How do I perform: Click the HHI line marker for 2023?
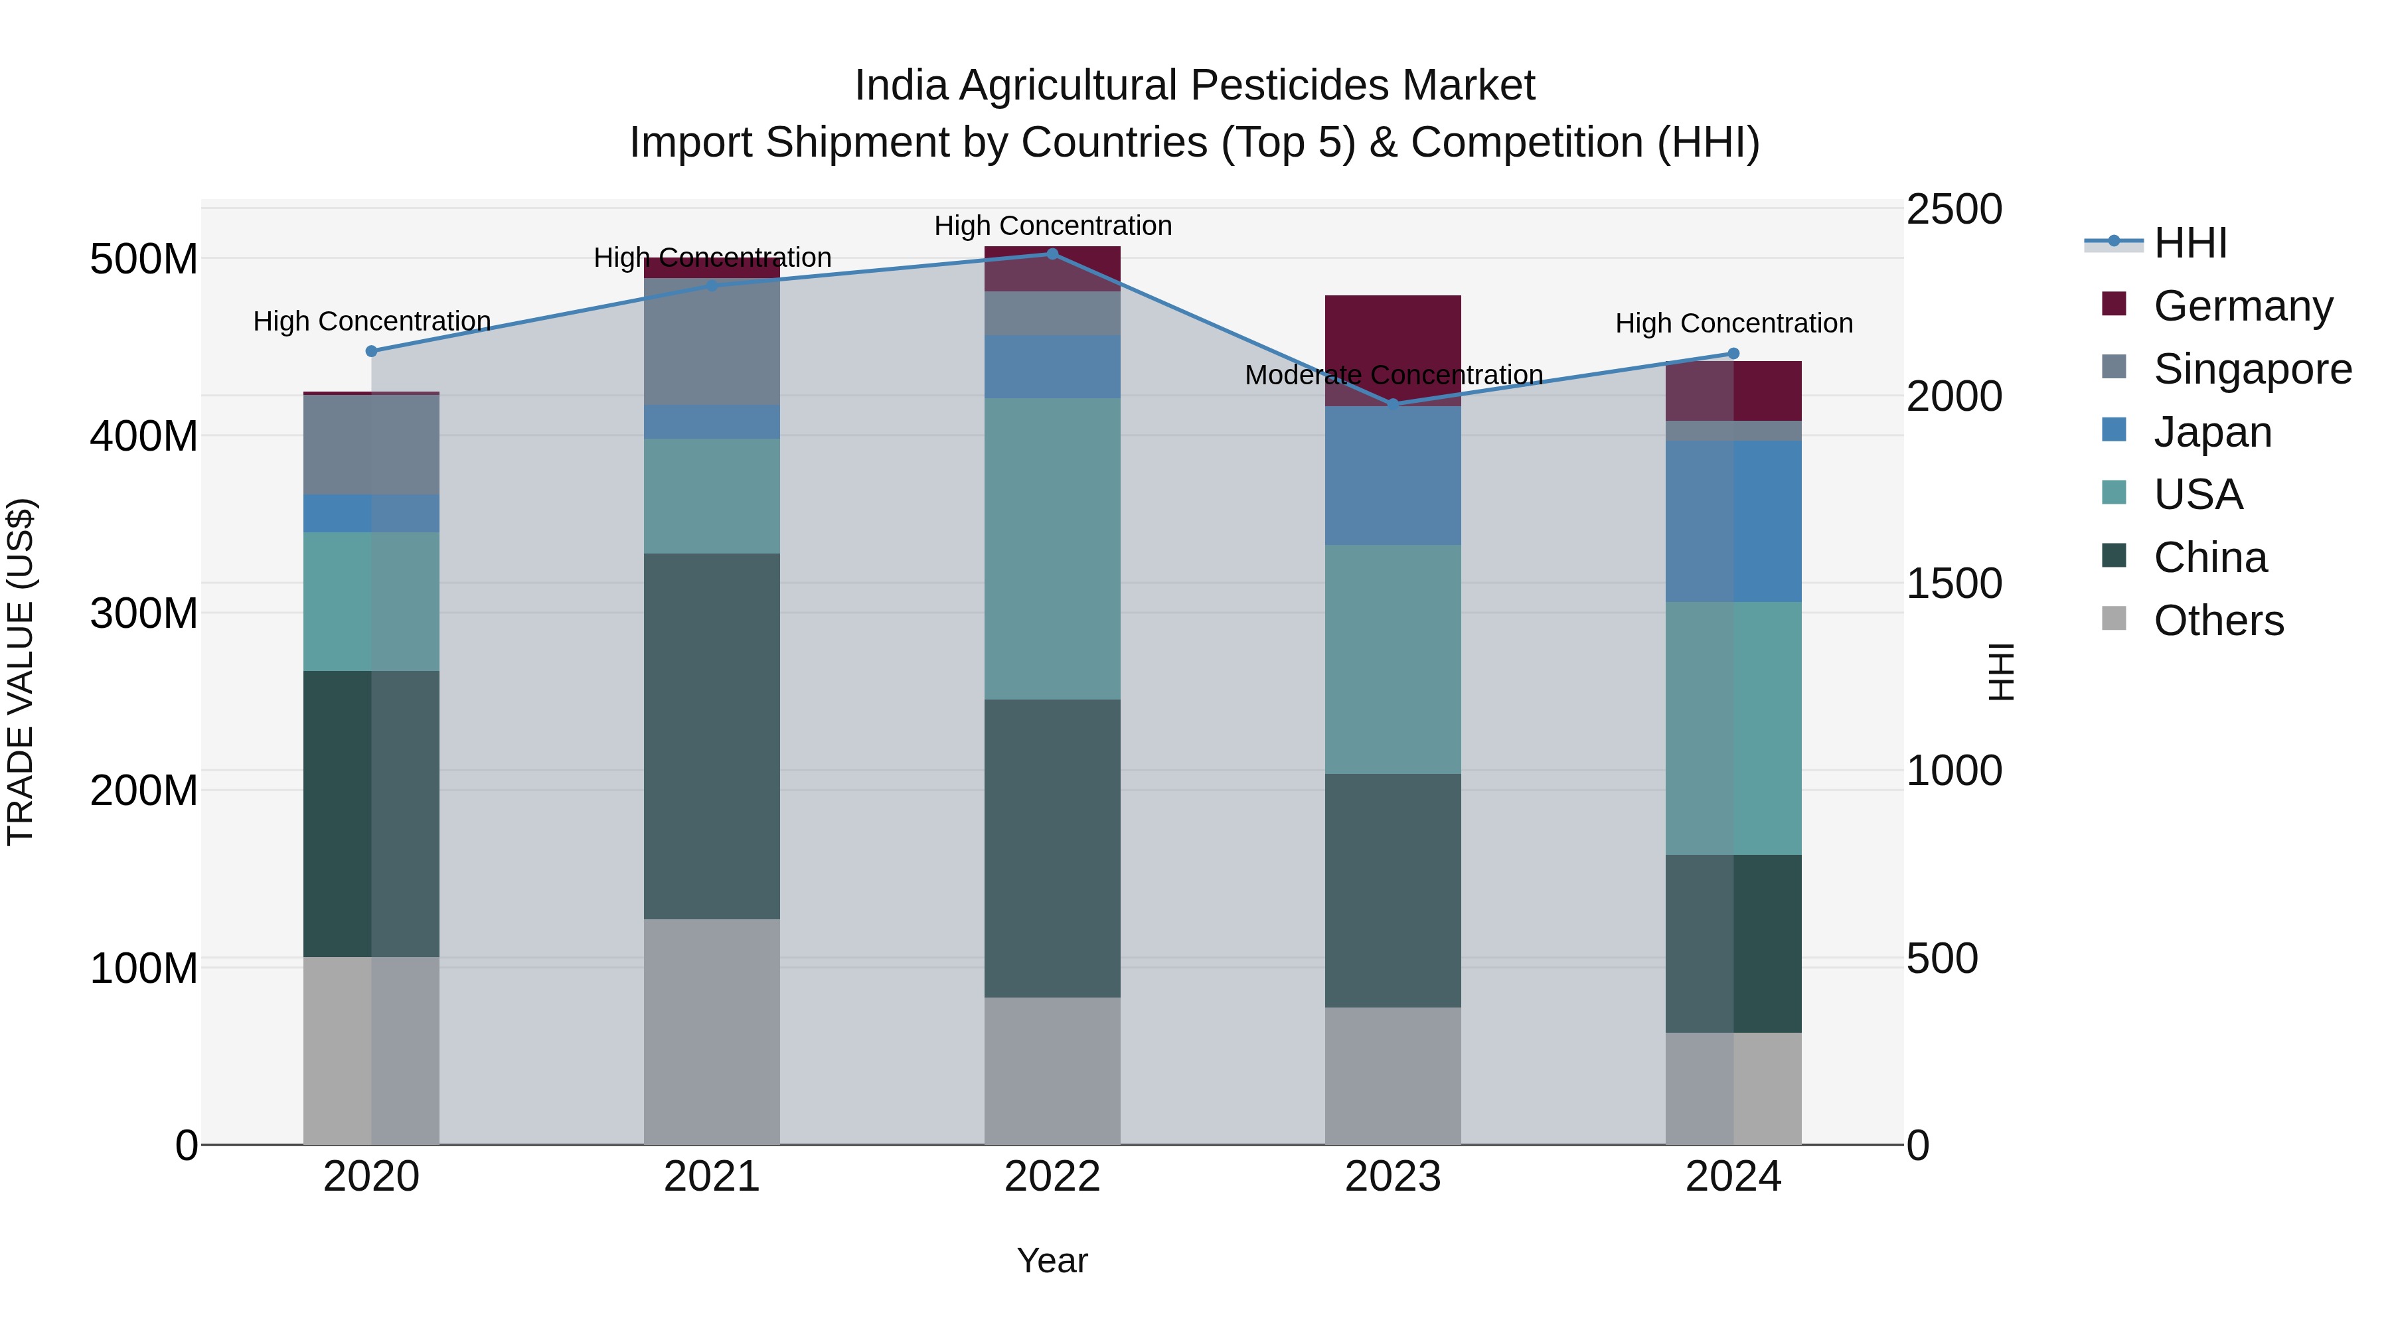pyautogui.click(x=1393, y=404)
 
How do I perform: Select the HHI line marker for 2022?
pyautogui.click(x=1052, y=254)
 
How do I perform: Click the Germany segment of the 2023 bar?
pyautogui.click(x=1393, y=343)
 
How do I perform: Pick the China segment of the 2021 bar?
pyautogui.click(x=712, y=737)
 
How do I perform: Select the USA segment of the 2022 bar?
pyautogui.click(x=1052, y=549)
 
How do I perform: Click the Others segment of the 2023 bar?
pyautogui.click(x=1393, y=1076)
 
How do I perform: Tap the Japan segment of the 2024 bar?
pyautogui.click(x=1733, y=521)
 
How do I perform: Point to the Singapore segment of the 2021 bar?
pyautogui.click(x=712, y=341)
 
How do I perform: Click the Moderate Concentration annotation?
pyautogui.click(x=1394, y=376)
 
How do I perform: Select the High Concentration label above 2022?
pyautogui.click(x=1053, y=226)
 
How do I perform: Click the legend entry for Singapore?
pyautogui.click(x=2252, y=369)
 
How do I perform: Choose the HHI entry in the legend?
pyautogui.click(x=2190, y=243)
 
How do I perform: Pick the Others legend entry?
pyautogui.click(x=2217, y=621)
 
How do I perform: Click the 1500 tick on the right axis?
pyautogui.click(x=1954, y=584)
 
